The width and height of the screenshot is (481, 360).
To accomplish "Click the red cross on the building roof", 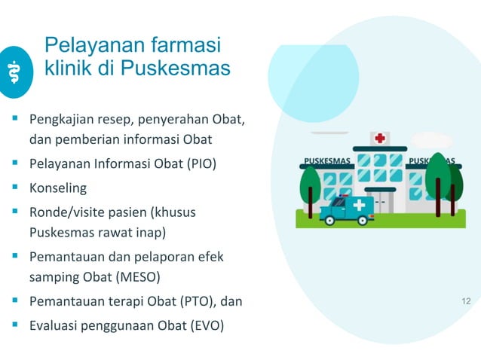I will coord(380,139).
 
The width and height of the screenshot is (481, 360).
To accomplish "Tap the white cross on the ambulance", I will coord(359,205).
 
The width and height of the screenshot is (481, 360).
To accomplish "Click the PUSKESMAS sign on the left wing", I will coord(326,161).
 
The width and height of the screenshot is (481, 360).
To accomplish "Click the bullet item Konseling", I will coord(58,188).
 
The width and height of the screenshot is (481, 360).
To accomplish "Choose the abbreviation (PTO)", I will coord(194,302).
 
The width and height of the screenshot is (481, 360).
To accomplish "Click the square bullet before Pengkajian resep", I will coord(14,119).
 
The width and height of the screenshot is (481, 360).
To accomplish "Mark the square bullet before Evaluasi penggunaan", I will coord(14,325).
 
